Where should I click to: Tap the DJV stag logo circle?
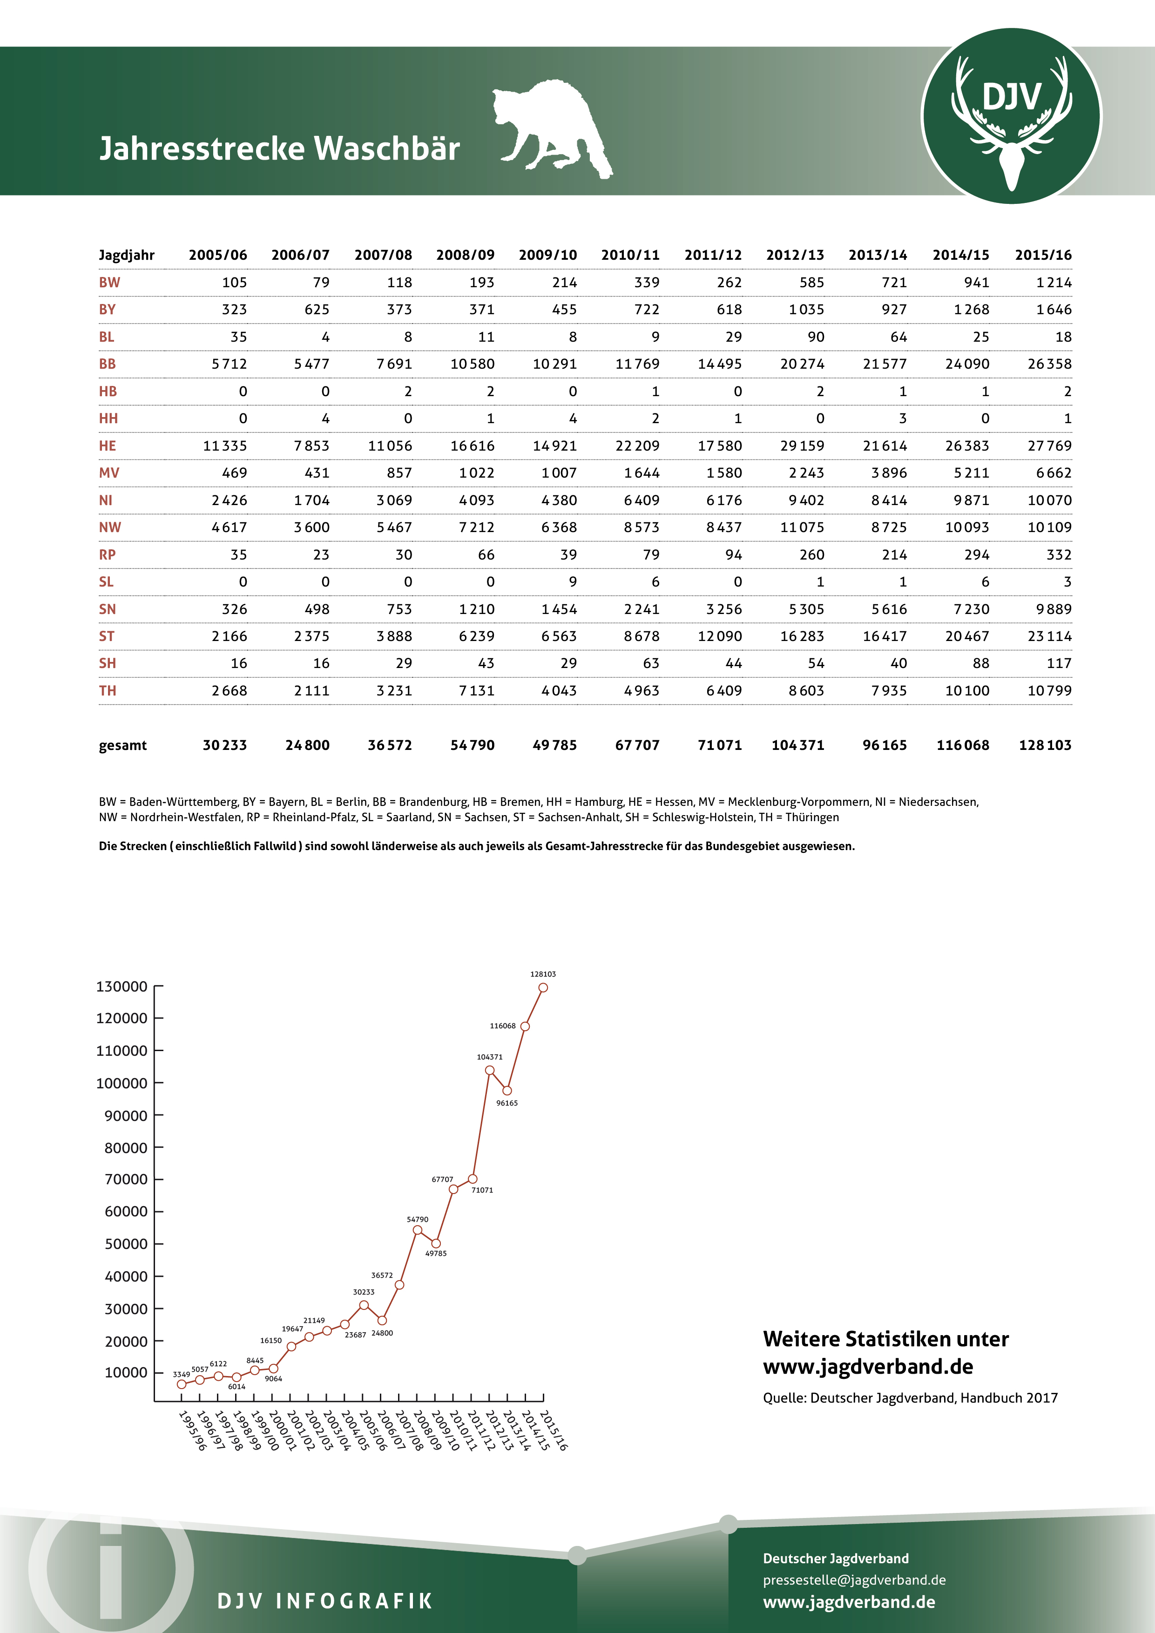pyautogui.click(x=1011, y=116)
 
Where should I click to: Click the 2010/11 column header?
pyautogui.click(x=630, y=255)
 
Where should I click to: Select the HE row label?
pyautogui.click(x=108, y=446)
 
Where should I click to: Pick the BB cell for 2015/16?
pyautogui.click(x=1049, y=364)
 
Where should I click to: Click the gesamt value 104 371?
pyautogui.click(x=797, y=745)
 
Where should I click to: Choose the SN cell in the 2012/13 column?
pyautogui.click(x=806, y=609)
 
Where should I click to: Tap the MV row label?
pyautogui.click(x=109, y=473)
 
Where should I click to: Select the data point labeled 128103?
pyautogui.click(x=543, y=987)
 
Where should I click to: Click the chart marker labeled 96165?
pyautogui.click(x=507, y=1090)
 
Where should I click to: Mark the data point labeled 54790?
pyautogui.click(x=418, y=1230)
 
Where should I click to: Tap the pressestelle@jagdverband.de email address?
pyautogui.click(x=854, y=1579)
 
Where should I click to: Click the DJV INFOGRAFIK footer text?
pyautogui.click(x=325, y=1601)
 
